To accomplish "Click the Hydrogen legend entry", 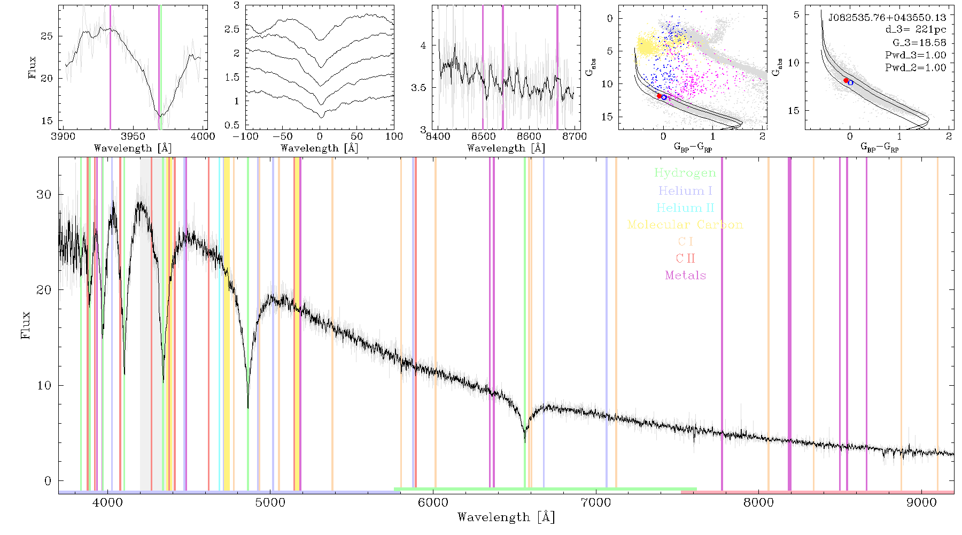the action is tap(685, 173).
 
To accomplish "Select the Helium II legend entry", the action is tap(685, 208).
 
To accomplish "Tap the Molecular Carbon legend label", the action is tap(685, 225).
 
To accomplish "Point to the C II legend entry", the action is tap(685, 258).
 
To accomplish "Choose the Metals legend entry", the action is tap(685, 276).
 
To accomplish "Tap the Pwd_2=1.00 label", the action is tap(916, 67).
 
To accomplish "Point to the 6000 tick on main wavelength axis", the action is tap(433, 503).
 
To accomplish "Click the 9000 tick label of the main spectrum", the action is tap(921, 503).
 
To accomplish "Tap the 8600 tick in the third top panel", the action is tap(529, 136).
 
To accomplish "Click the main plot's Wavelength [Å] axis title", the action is tap(506, 517).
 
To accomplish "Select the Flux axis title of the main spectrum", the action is tap(25, 325).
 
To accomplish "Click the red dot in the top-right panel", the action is tap(846, 80).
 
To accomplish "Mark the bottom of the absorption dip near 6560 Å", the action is tap(525, 441).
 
